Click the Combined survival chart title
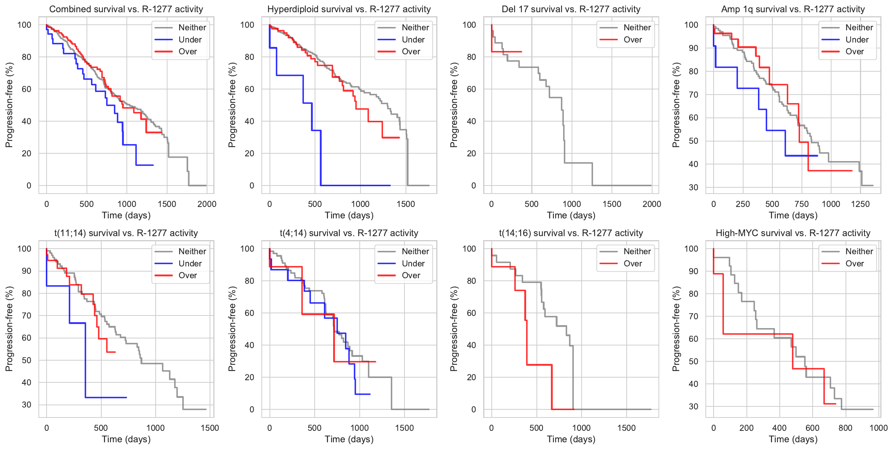[126, 9]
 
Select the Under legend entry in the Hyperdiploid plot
[413, 40]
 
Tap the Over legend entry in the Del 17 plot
[633, 40]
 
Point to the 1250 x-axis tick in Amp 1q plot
[860, 204]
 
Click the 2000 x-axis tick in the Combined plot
[207, 204]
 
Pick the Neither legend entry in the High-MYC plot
[859, 252]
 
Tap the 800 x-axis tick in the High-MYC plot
[845, 428]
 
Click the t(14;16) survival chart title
[571, 233]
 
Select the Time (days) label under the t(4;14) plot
[349, 439]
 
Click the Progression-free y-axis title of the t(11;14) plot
[9, 329]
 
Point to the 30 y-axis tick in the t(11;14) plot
[27, 405]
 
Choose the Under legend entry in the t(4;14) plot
[413, 263]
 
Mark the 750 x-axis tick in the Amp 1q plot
[801, 204]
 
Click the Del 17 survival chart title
[571, 9]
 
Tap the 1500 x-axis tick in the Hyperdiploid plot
[406, 204]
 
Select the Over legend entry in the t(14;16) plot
[633, 263]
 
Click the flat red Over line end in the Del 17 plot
[521, 52]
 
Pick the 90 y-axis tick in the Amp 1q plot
[693, 48]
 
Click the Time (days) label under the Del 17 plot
[571, 215]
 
